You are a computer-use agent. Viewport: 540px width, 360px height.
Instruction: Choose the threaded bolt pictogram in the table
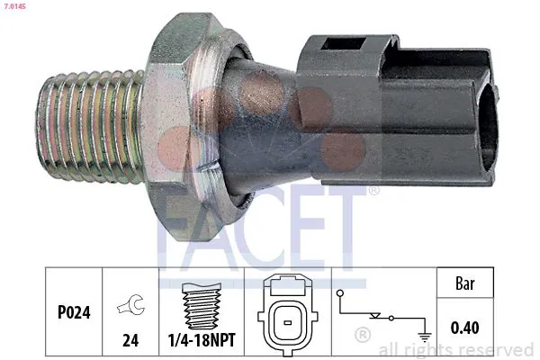pyautogui.click(x=202, y=306)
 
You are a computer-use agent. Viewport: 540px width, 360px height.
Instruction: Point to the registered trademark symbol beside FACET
pyautogui.click(x=373, y=191)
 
